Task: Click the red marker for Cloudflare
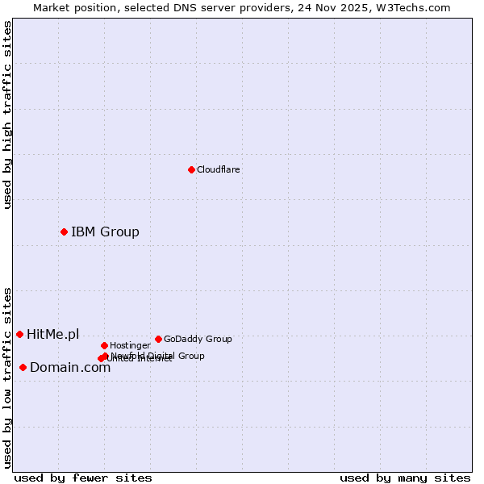[191, 169]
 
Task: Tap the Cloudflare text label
[219, 170]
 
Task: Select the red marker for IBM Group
[64, 232]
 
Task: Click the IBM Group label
[105, 232]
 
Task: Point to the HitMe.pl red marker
[19, 334]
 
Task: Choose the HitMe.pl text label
[53, 335]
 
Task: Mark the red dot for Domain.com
[23, 368]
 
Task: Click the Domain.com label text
[70, 368]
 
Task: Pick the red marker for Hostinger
[104, 345]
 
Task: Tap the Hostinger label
[130, 346]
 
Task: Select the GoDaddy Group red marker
[158, 339]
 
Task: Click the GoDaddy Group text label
[198, 340]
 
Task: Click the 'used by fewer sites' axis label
[83, 478]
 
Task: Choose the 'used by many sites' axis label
[405, 478]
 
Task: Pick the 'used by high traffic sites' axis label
[7, 115]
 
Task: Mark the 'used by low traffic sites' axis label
[7, 378]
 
